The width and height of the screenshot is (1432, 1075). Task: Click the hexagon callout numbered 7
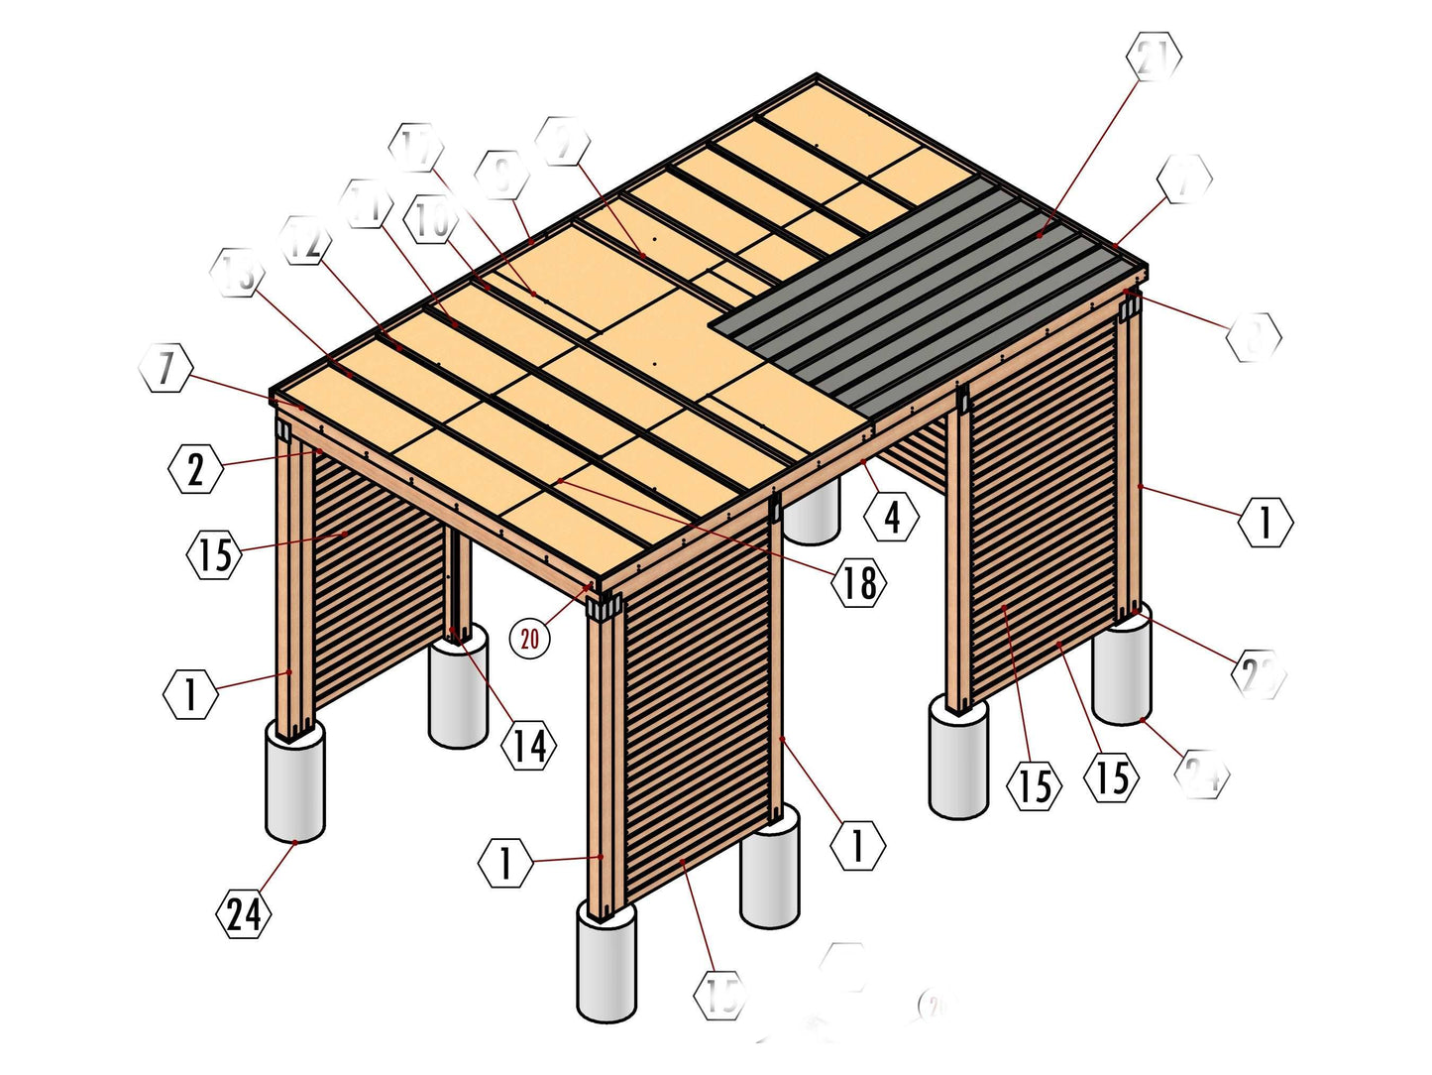[x=165, y=368]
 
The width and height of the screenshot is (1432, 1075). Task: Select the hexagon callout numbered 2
[x=195, y=469]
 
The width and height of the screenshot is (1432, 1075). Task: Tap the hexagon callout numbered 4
[x=892, y=516]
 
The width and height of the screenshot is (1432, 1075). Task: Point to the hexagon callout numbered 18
[x=859, y=582]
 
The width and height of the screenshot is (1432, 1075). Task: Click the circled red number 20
[x=530, y=638]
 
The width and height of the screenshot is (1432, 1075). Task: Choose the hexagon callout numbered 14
[x=529, y=745]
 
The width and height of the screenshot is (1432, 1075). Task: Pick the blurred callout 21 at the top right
[x=1154, y=57]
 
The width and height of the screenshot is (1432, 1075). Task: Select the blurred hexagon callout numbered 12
[x=305, y=241]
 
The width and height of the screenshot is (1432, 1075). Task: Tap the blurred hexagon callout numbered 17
[x=417, y=147]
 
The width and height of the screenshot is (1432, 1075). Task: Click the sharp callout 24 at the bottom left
[x=244, y=912]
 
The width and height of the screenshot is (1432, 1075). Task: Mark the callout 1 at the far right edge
[x=1266, y=522]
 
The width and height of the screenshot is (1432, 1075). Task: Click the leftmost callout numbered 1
[x=190, y=693]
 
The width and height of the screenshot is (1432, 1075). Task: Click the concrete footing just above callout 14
[x=458, y=687]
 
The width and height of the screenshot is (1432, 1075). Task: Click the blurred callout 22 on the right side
[x=1259, y=673]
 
